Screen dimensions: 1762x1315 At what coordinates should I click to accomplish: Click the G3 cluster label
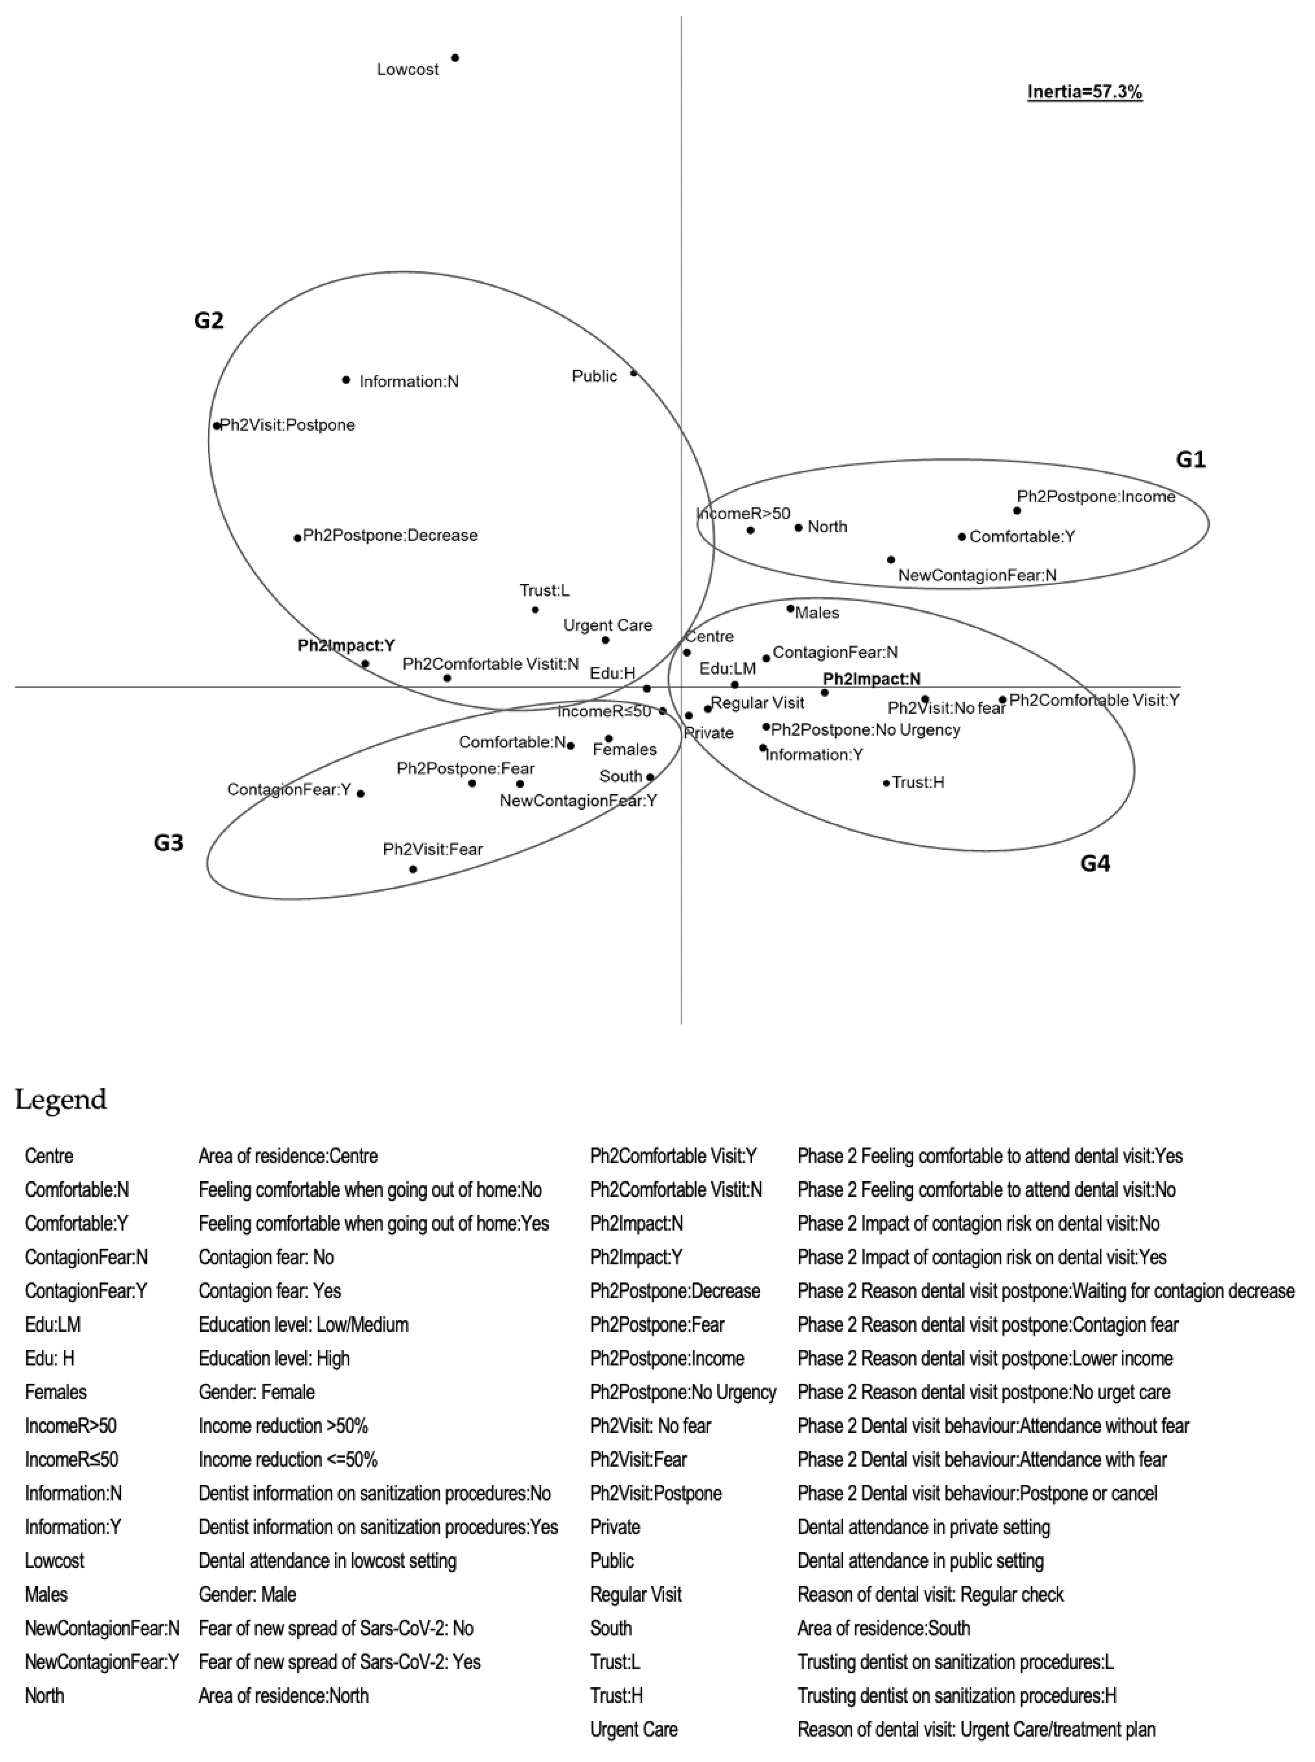[169, 842]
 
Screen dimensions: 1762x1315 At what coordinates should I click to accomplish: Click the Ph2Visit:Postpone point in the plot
[216, 425]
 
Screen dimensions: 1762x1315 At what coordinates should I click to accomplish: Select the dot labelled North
[799, 527]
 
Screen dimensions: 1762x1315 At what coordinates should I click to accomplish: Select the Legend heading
[60, 1100]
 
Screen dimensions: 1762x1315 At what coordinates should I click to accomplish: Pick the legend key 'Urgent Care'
[634, 1729]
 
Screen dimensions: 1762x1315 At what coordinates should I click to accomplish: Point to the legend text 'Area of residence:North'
[283, 1695]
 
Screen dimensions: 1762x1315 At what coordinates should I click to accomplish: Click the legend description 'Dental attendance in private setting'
[923, 1527]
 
